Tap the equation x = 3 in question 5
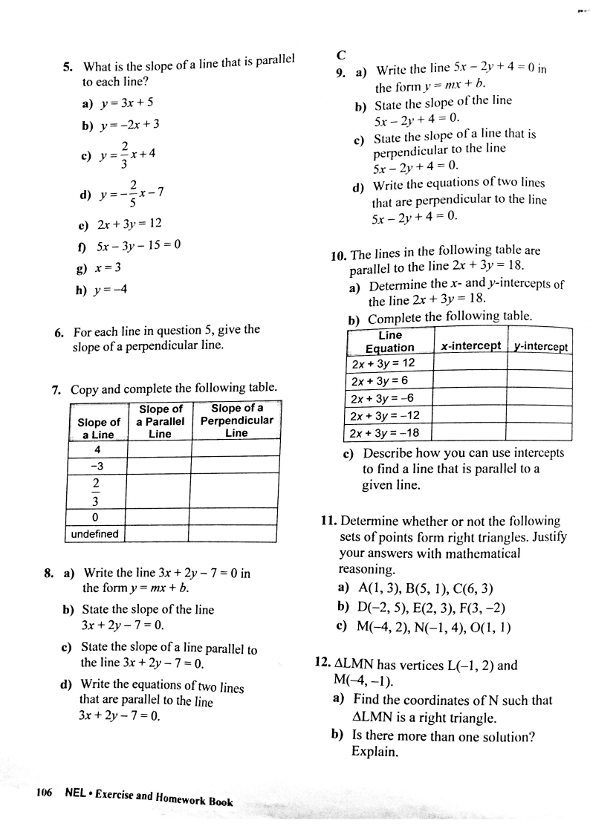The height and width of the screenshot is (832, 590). (109, 267)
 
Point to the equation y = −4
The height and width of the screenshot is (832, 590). (112, 290)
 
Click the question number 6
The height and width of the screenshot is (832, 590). (59, 331)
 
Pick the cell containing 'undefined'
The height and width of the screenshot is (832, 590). (97, 533)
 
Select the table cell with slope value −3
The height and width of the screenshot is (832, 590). (97, 466)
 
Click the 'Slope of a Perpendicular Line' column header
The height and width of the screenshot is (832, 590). (236, 420)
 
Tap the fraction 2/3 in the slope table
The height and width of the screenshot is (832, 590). (97, 491)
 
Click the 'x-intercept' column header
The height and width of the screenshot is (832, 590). (470, 346)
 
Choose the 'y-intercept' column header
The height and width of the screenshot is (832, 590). (541, 347)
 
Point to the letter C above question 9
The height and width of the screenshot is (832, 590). (340, 55)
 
